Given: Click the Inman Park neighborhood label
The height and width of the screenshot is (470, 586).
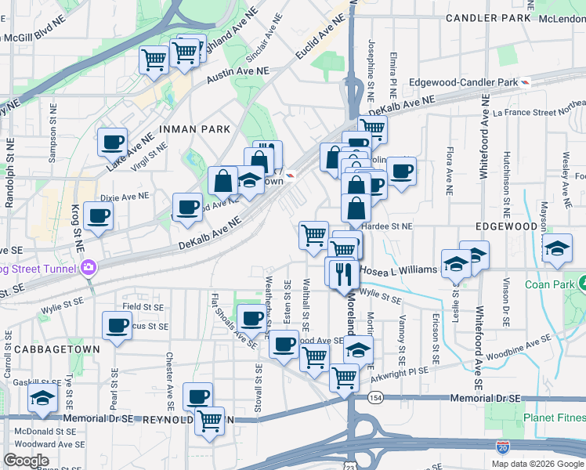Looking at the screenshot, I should pos(194,128).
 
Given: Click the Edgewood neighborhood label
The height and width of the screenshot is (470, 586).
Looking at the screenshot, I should pos(506,226).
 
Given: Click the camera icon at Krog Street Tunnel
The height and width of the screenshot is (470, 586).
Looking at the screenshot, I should pos(88,268).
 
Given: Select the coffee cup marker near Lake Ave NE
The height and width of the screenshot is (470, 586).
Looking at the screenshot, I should pos(112,143).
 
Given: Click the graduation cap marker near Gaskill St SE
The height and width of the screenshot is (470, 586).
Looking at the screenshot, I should pos(42,398).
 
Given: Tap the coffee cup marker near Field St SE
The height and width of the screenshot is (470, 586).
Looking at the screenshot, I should pos(117,325).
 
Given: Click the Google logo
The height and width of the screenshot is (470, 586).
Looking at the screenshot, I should pos(26,461).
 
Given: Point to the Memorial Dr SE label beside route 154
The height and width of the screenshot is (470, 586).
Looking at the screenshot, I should pos(485,399).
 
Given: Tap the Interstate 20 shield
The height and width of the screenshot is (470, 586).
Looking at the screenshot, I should pos(502,447).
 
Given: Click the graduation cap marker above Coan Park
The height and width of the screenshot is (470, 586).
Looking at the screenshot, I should pos(556,250).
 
